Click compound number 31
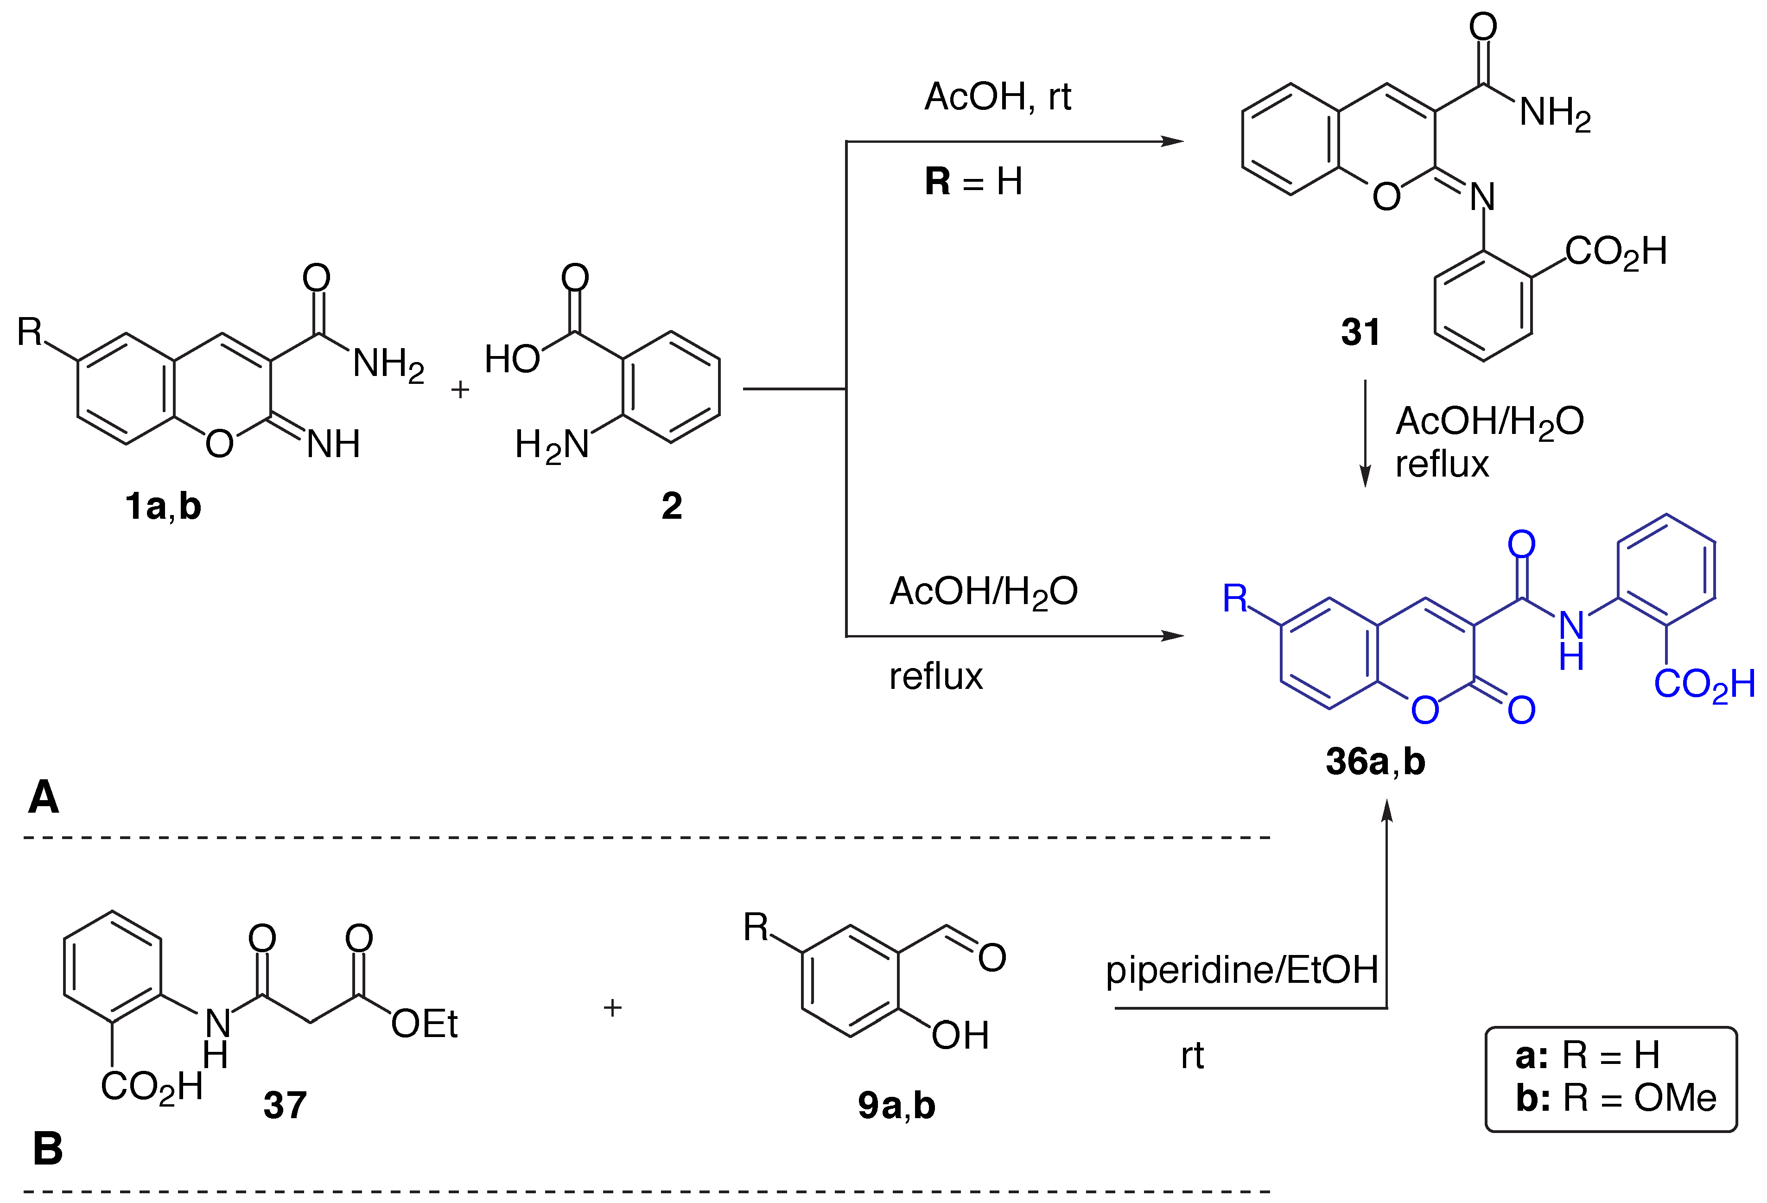[x=1360, y=332]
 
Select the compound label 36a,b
[x=1375, y=761]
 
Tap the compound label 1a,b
[x=163, y=506]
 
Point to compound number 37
[x=285, y=1105]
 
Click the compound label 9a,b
[x=896, y=1105]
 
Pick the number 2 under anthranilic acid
[x=671, y=506]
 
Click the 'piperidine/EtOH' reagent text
[x=1242, y=970]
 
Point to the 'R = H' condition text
[x=973, y=182]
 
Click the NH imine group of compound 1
[x=333, y=444]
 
